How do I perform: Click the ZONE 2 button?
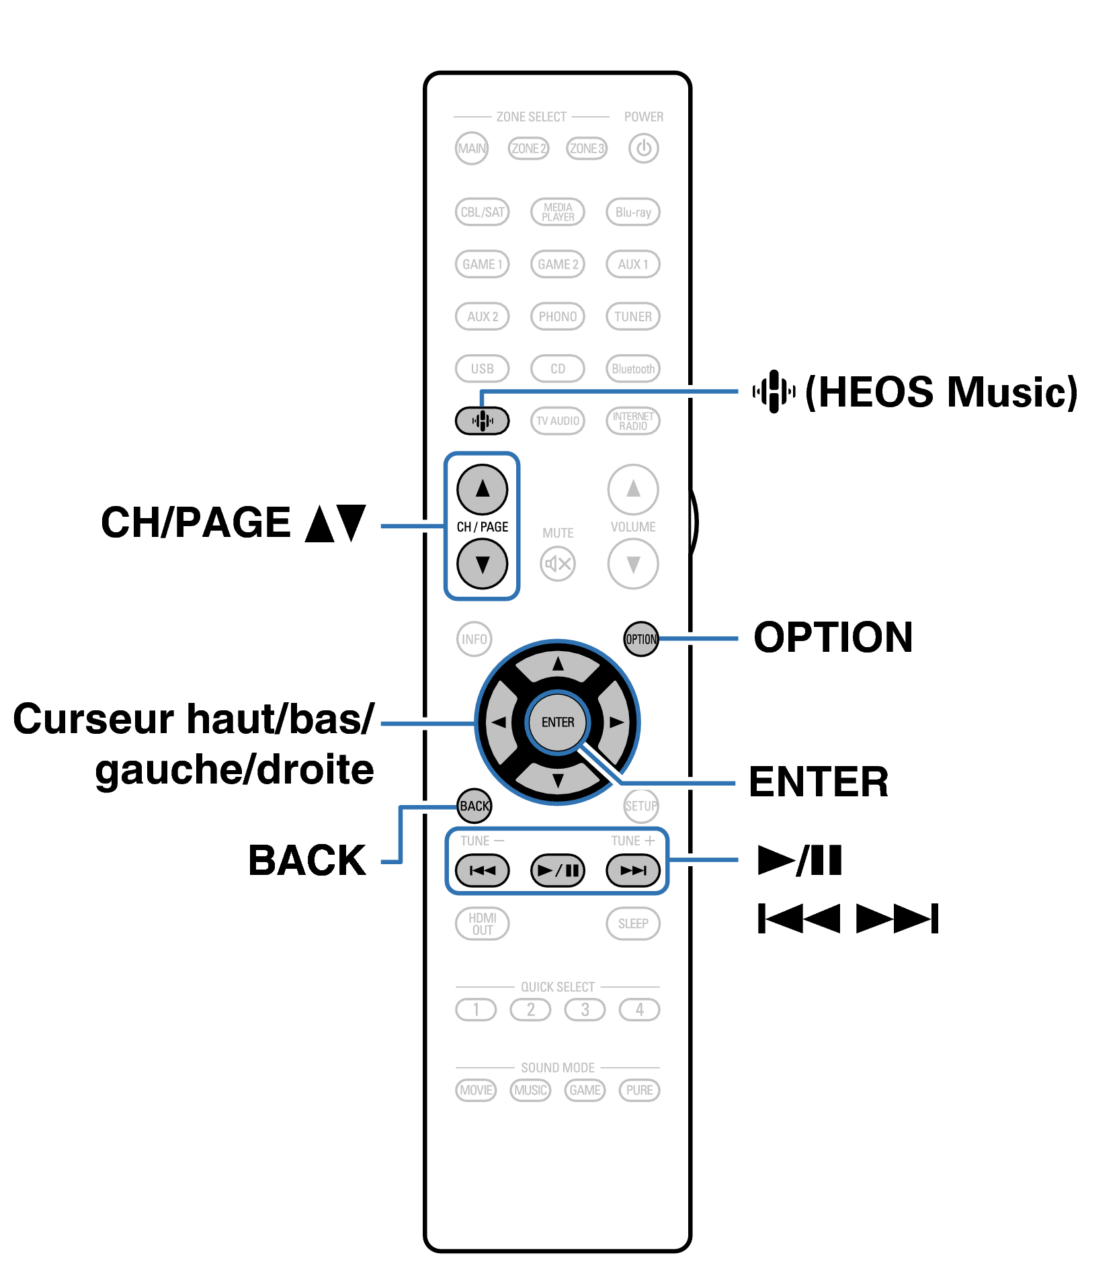click(528, 149)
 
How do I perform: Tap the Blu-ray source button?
click(632, 212)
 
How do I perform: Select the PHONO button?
click(557, 317)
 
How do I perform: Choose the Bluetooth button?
click(632, 369)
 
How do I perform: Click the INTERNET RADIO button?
click(632, 421)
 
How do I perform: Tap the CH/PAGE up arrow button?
click(482, 489)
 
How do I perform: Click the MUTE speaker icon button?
click(557, 564)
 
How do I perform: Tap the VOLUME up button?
click(632, 489)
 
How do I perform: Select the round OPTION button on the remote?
click(640, 639)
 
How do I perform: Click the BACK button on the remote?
click(474, 806)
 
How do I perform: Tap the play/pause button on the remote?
click(557, 871)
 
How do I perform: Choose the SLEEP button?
click(632, 923)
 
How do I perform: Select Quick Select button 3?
click(585, 1009)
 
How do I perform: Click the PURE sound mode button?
click(639, 1090)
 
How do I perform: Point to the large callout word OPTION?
click(833, 637)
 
